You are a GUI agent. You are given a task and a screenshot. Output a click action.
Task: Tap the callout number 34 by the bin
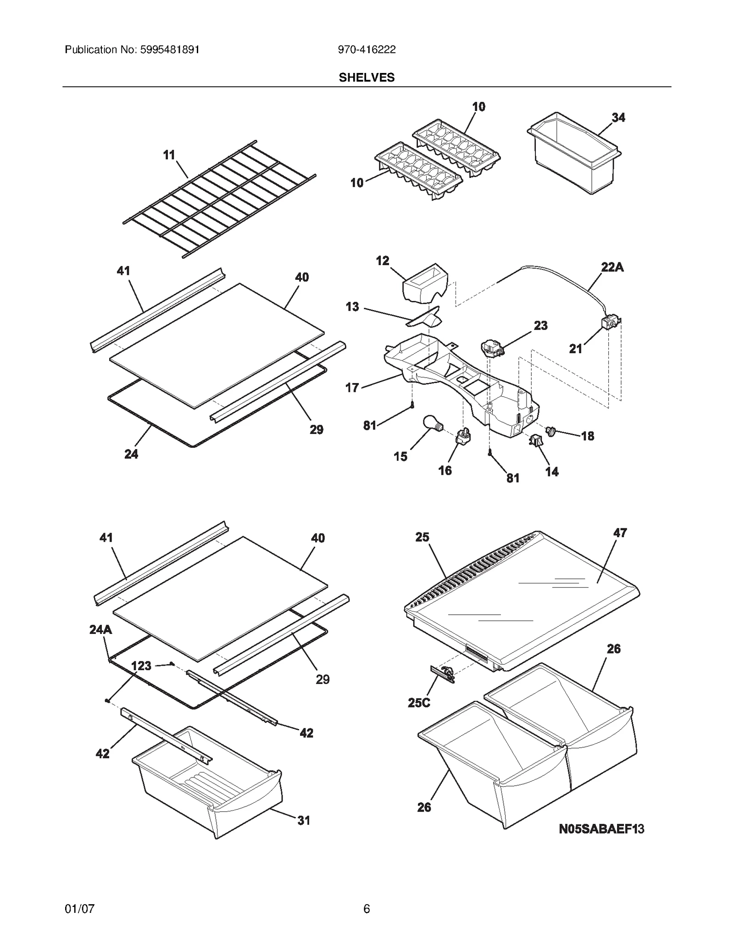[x=618, y=117]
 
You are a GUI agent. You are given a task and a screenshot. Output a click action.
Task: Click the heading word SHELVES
[x=367, y=78]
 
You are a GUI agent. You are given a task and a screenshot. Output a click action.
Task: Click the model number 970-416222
[x=367, y=50]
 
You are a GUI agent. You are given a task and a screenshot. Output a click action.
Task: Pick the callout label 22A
[x=612, y=267]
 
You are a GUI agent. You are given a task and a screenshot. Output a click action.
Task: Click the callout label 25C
[x=418, y=702]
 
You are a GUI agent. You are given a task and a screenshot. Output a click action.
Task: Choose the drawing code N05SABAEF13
[x=601, y=828]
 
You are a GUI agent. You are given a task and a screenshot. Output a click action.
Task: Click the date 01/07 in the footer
[x=79, y=909]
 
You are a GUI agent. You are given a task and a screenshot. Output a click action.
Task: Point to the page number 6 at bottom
[x=367, y=909]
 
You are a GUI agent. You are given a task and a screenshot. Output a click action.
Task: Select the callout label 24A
[x=100, y=629]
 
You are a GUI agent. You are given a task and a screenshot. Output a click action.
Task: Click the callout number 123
[x=141, y=666]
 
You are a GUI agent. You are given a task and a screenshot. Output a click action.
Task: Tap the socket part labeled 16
[x=462, y=437]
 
